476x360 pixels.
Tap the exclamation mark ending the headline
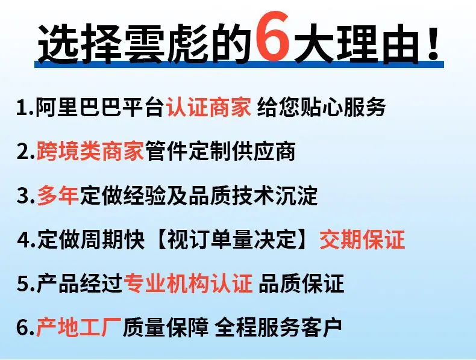coord(433,43)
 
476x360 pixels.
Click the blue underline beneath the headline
coord(239,64)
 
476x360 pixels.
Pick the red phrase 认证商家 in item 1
coord(209,107)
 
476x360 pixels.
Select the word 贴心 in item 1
coord(322,107)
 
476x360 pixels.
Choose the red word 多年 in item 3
coord(58,195)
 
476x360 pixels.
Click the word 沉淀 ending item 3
coord(296,195)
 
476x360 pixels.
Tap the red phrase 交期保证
coord(362,239)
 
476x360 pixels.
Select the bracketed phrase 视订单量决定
coord(231,239)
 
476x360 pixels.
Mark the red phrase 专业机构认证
coord(188,284)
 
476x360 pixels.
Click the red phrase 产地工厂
coord(79,327)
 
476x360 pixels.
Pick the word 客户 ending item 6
coord(321,327)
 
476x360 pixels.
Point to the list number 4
coord(23,240)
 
